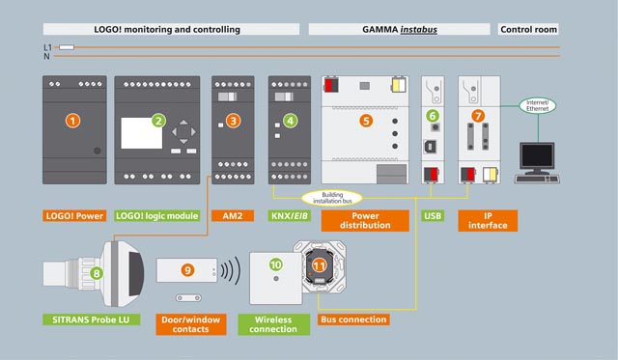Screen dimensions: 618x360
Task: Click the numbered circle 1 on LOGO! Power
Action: tap(73, 121)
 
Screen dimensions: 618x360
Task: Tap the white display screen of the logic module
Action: tap(141, 133)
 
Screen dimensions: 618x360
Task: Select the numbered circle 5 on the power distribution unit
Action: tap(366, 121)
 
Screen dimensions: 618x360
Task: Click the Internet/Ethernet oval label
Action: tap(537, 105)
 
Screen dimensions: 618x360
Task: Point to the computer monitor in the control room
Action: tap(537, 157)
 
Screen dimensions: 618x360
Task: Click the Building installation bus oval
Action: tap(332, 198)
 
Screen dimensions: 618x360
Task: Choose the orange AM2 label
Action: tap(233, 216)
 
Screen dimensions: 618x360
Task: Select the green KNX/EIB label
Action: tap(290, 216)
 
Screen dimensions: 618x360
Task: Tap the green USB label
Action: tap(433, 216)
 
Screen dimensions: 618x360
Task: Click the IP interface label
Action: tap(488, 221)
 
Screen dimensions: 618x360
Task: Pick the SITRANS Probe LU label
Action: tap(91, 319)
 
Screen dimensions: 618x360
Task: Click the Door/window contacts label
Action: tap(191, 324)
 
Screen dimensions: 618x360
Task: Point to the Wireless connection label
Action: tap(273, 324)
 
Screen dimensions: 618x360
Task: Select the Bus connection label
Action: tap(353, 319)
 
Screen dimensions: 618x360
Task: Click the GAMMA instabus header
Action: tap(399, 29)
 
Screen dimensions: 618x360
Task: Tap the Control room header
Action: tap(528, 29)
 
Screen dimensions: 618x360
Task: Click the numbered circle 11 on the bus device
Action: tap(319, 266)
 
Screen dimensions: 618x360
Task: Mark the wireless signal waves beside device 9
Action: tap(230, 270)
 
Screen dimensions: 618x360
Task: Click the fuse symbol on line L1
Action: tap(67, 47)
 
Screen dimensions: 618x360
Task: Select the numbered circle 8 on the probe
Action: tap(97, 273)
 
